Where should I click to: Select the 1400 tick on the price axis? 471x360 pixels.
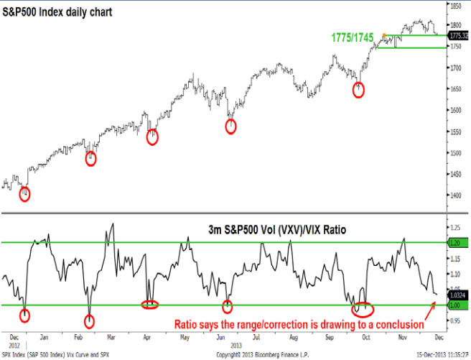456,195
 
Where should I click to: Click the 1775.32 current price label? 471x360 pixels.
458,34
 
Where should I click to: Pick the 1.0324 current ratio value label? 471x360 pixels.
457,294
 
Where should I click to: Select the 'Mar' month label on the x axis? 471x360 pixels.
111,336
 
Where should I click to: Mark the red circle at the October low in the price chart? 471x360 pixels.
359,89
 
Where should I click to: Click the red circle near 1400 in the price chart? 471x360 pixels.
24,194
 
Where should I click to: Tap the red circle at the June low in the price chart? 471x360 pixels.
230,126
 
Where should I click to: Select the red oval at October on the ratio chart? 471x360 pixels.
363,310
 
